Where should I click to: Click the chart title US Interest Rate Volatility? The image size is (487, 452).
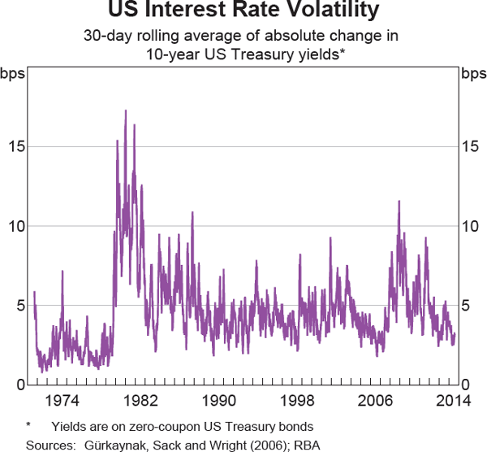tap(243, 11)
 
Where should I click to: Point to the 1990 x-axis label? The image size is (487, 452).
tap(219, 400)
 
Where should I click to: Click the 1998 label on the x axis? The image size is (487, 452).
tap(298, 400)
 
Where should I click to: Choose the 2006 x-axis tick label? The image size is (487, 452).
tap(377, 400)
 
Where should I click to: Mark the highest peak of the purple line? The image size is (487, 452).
tap(125, 111)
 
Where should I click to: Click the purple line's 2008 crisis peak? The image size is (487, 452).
tap(399, 201)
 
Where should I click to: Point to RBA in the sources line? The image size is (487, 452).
tap(300, 445)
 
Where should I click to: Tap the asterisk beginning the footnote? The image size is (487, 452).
tap(28, 426)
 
